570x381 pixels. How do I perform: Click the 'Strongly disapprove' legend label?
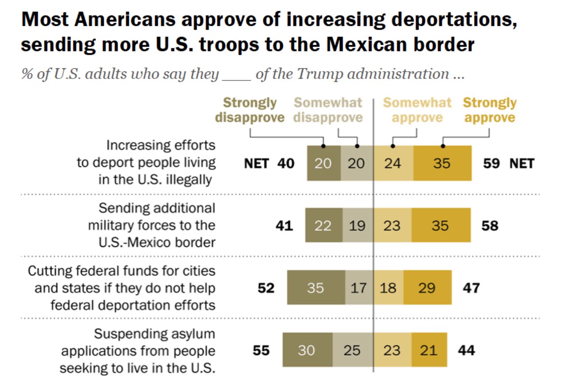[x=249, y=110]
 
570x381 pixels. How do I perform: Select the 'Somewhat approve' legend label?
[x=417, y=110]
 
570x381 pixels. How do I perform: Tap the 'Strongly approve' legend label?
[x=489, y=110]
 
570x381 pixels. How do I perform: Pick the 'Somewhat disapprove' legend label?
[x=328, y=110]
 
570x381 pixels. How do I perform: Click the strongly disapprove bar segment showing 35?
[x=316, y=288]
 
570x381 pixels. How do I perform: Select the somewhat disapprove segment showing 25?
[x=352, y=350]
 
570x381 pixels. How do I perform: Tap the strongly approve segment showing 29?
[x=427, y=288]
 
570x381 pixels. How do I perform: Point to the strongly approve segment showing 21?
[x=429, y=350]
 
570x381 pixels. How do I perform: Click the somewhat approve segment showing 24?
[x=393, y=163]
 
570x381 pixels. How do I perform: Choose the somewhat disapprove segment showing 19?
[x=357, y=225]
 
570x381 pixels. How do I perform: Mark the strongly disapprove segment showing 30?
[x=306, y=350]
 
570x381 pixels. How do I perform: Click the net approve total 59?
[x=491, y=163]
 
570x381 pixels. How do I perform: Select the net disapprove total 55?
[x=261, y=350]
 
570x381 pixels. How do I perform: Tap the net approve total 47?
[x=471, y=288]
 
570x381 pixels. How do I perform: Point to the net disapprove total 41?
[x=284, y=225]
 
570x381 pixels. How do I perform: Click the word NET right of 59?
[x=522, y=163]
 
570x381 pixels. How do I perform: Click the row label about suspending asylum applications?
[x=138, y=351]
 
